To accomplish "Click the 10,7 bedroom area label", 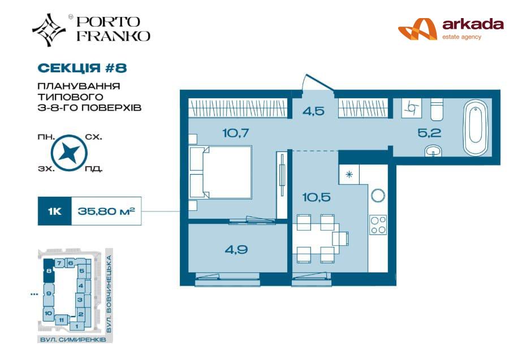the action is (x=236, y=133).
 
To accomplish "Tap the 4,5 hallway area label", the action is (x=314, y=111).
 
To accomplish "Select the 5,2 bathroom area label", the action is (x=429, y=133).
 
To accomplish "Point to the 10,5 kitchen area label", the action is (x=316, y=197).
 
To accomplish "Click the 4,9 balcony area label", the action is (x=236, y=250).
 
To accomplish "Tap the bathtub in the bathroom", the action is (x=475, y=128).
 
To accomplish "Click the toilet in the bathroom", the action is (x=437, y=109).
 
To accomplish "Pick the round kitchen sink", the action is (x=378, y=196).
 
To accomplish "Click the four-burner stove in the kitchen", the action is (x=378, y=225).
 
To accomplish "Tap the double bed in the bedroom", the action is (x=221, y=172).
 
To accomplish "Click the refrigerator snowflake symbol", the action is (x=349, y=175).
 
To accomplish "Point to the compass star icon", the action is (x=69, y=153).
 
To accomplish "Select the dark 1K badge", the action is (x=54, y=211).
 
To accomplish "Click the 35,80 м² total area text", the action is (x=106, y=211).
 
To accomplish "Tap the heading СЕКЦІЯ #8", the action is (x=83, y=68).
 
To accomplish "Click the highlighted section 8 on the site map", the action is (x=49, y=271).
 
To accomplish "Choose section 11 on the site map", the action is (x=61, y=320).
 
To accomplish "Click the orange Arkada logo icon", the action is (x=417, y=29).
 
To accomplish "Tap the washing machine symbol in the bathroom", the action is (x=411, y=108).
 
